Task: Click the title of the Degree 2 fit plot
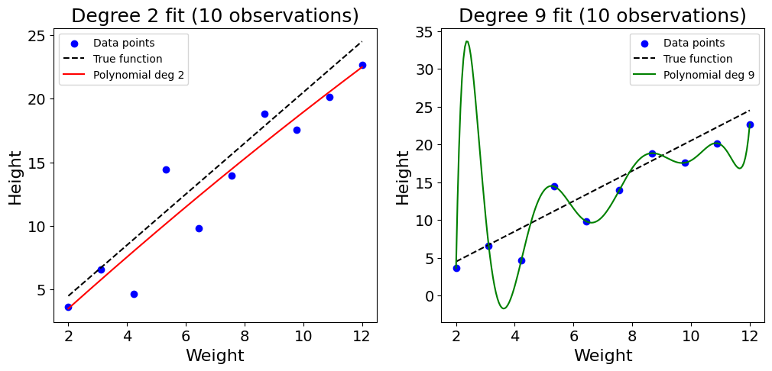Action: click(215, 16)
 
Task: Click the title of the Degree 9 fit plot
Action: click(602, 16)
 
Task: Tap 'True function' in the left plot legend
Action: click(128, 59)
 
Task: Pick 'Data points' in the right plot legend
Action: click(694, 43)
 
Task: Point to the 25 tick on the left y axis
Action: click(39, 35)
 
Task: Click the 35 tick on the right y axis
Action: click(427, 32)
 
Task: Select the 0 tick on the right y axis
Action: click(430, 296)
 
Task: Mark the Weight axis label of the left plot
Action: click(215, 356)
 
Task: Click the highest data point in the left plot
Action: click(362, 65)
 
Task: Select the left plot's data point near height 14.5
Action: click(166, 169)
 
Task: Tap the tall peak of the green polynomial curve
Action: click(466, 41)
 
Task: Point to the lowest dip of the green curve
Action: click(503, 308)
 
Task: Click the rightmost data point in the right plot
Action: click(750, 124)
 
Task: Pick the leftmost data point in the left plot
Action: click(68, 307)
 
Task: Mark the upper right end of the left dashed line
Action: click(362, 41)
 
